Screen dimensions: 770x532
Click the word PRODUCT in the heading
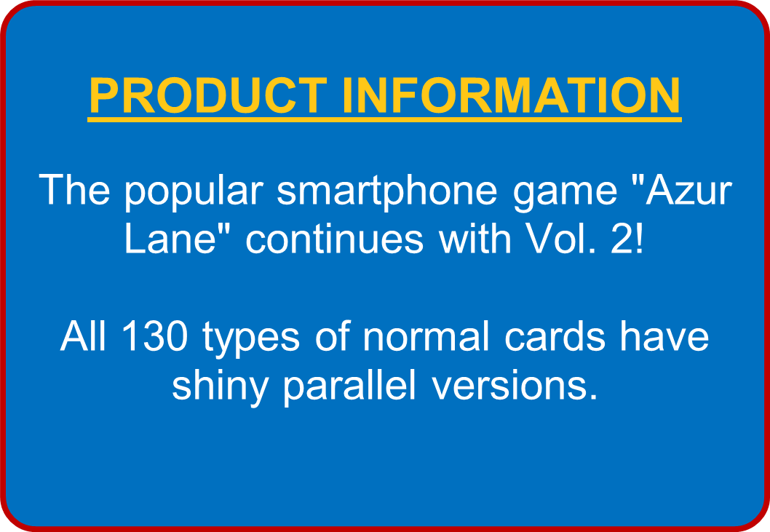208,95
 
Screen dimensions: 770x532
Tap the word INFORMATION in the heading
511,95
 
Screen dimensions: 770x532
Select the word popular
194,192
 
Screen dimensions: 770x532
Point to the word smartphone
387,192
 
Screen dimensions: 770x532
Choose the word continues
334,239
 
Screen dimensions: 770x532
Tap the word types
250,340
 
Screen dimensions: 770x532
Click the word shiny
220,388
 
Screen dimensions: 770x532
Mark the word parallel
349,388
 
